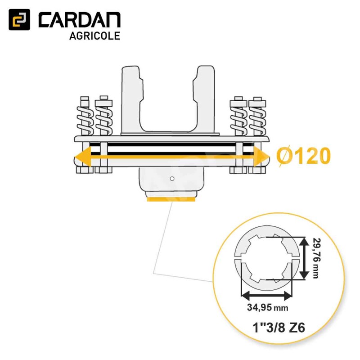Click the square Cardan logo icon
point(19,19)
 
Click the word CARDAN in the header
point(80,20)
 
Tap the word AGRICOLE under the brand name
point(95,36)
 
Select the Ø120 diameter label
point(303,156)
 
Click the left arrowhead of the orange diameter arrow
point(83,157)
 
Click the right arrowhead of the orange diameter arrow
point(261,157)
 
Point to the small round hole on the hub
point(172,178)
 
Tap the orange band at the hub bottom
point(171,199)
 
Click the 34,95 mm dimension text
point(267,307)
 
